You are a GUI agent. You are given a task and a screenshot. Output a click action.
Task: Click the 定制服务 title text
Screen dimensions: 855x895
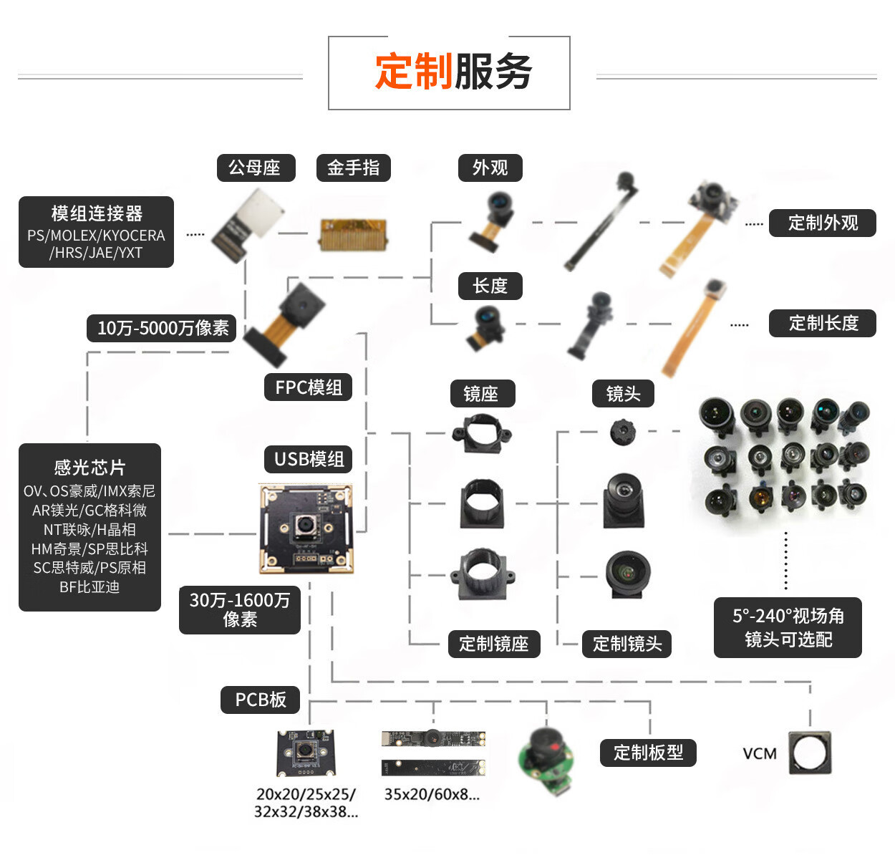tap(453, 72)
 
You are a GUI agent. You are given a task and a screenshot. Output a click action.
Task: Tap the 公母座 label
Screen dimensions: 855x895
tap(254, 168)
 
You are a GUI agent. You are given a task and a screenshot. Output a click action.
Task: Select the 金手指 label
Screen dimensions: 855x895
tap(353, 168)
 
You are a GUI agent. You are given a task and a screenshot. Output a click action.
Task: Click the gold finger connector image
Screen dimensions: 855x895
tap(352, 234)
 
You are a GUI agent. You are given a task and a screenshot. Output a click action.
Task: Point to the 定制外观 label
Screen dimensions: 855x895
tap(822, 223)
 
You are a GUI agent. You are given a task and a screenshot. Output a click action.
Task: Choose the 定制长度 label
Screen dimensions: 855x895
tap(822, 323)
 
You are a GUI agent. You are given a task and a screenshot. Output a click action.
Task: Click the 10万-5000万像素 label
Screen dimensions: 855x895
tap(163, 328)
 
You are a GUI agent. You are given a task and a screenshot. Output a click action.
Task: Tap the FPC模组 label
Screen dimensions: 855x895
tap(309, 387)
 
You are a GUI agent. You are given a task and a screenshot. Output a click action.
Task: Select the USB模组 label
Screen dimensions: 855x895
tap(309, 459)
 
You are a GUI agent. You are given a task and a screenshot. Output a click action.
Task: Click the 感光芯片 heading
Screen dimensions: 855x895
tap(89, 468)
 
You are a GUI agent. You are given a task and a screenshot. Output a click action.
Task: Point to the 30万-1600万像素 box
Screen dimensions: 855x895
tap(240, 609)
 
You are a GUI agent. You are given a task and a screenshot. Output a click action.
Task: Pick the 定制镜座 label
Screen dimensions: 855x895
tap(493, 644)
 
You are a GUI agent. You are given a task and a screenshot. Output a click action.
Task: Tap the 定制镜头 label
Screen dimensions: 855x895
tap(626, 644)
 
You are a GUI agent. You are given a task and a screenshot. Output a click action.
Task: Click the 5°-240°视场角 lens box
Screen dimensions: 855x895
tap(788, 627)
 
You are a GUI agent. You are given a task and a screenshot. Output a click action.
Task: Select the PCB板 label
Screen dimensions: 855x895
tap(261, 700)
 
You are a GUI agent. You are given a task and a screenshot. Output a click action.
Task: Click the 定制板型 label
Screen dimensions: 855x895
tap(648, 753)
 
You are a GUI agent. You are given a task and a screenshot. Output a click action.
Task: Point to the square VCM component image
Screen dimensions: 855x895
tap(810, 753)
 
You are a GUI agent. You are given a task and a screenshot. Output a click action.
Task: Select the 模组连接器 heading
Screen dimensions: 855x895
tap(97, 213)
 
